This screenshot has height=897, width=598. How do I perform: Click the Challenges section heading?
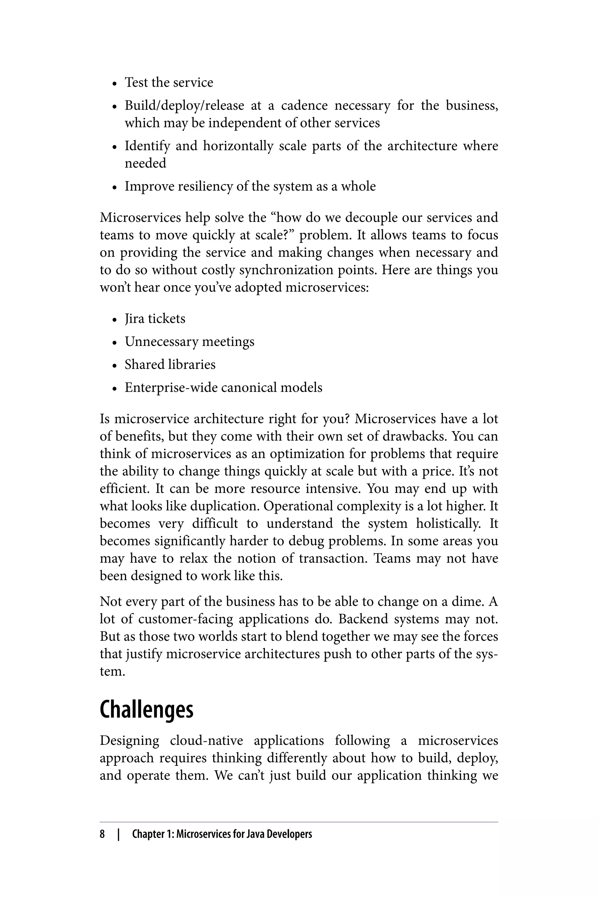tap(147, 710)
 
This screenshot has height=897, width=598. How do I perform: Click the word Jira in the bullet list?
tap(133, 319)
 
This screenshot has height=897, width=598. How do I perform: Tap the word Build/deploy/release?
tap(184, 106)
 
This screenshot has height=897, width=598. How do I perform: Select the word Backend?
tap(363, 619)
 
